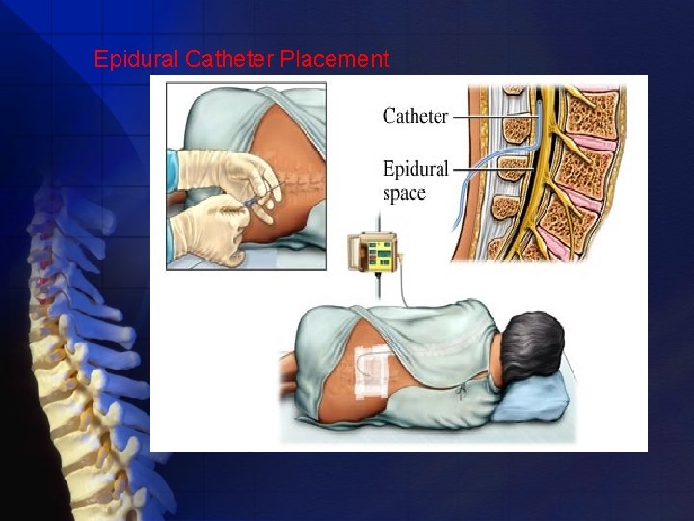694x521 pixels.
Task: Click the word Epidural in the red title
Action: coord(136,60)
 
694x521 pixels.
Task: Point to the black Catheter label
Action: coord(415,116)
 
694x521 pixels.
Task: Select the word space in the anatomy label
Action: coord(404,193)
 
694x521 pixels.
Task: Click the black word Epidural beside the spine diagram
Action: coord(415,170)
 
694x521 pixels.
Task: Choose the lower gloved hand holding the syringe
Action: coord(207,232)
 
